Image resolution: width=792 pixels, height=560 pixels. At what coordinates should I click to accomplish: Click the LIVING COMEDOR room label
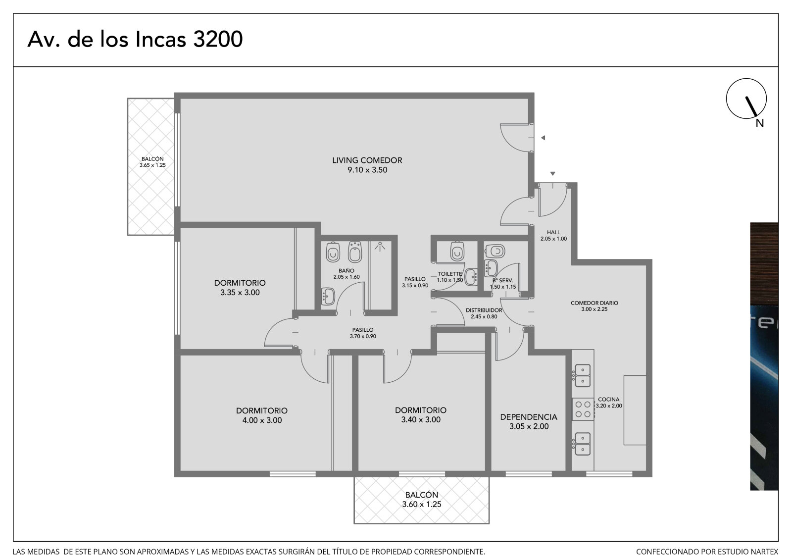(367, 165)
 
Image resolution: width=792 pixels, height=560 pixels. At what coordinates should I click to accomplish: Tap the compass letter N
(759, 123)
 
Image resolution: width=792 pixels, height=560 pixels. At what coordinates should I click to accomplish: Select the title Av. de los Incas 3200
(135, 39)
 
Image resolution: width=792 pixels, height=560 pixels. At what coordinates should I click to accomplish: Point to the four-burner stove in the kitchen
(583, 409)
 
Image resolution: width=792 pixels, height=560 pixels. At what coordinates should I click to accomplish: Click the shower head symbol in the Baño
(380, 246)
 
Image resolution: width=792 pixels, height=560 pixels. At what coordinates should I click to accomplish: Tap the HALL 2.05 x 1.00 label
(553, 236)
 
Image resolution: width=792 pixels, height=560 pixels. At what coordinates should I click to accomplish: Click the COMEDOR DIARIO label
(594, 306)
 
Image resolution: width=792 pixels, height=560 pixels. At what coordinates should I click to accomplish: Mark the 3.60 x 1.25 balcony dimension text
(421, 504)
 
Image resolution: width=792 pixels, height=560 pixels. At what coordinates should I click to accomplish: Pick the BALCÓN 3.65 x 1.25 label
(152, 162)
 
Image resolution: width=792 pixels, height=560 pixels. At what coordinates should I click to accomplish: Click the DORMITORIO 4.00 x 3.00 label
(262, 415)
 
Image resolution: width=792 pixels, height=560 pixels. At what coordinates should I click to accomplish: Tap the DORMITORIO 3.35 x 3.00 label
(240, 288)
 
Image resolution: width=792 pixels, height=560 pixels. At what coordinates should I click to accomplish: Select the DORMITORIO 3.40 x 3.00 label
(420, 414)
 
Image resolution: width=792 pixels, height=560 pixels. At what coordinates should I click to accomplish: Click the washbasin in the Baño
(328, 296)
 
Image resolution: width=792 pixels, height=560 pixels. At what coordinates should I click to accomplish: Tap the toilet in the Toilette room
(457, 251)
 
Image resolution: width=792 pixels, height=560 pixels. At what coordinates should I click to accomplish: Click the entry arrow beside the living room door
(543, 138)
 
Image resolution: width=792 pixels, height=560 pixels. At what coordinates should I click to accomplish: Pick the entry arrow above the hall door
(552, 174)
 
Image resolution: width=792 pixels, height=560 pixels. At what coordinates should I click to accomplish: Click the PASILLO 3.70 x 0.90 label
(363, 333)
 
